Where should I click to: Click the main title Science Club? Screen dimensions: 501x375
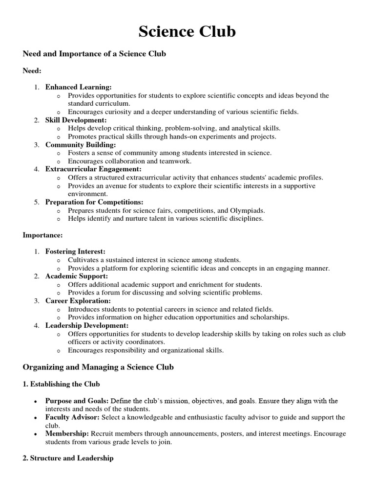pyautogui.click(x=187, y=32)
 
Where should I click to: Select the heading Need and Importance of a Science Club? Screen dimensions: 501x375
pyautogui.click(x=94, y=54)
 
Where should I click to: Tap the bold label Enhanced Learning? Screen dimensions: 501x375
pyautogui.click(x=79, y=87)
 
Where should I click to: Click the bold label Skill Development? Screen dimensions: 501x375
pyautogui.click(x=76, y=120)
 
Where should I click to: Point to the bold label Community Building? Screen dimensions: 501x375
pyautogui.click(x=81, y=145)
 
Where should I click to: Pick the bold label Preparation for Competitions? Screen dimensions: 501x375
pyautogui.click(x=94, y=202)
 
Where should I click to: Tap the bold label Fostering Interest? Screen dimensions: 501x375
pyautogui.click(x=75, y=251)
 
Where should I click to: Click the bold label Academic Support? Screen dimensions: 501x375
pyautogui.click(x=77, y=276)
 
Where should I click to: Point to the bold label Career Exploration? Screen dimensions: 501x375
pyautogui.click(x=78, y=301)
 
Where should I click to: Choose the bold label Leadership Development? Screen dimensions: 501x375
pyautogui.click(x=87, y=325)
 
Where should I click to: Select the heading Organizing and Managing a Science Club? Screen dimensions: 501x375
pyautogui.click(x=98, y=367)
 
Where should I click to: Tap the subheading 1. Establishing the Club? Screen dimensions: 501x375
pyautogui.click(x=61, y=384)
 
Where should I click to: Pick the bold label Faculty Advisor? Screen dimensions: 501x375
pyautogui.click(x=72, y=417)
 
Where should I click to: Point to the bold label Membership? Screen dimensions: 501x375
pyautogui.click(x=67, y=434)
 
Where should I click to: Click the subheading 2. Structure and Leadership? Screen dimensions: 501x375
pyautogui.click(x=68, y=458)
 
